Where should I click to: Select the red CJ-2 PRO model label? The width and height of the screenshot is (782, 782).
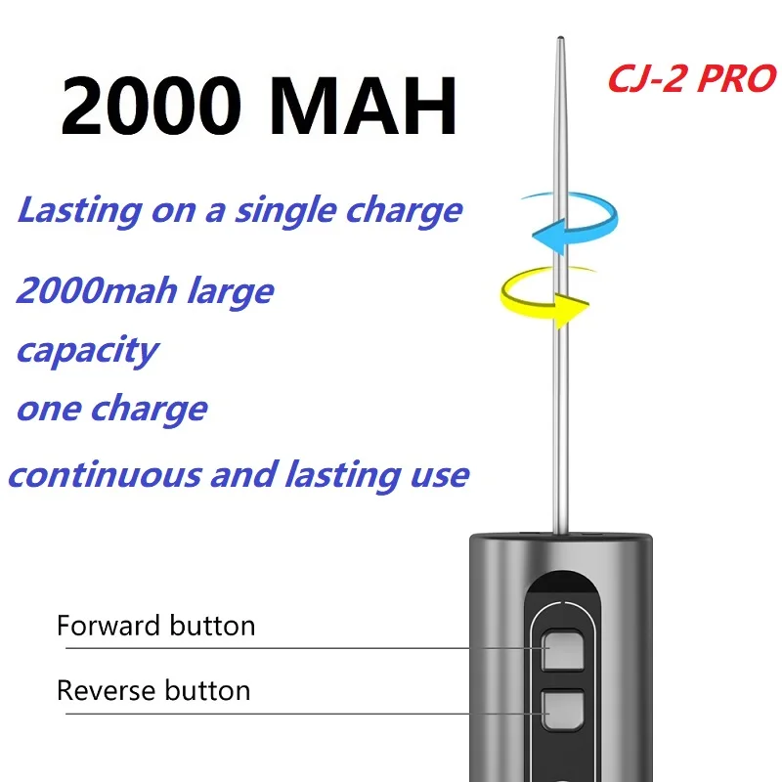click(x=691, y=78)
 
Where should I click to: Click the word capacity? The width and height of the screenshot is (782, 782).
click(x=86, y=351)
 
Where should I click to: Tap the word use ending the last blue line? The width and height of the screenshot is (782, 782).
click(x=440, y=476)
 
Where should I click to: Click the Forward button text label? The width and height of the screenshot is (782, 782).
click(x=155, y=626)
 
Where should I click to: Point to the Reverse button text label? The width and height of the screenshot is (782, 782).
click(x=153, y=690)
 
